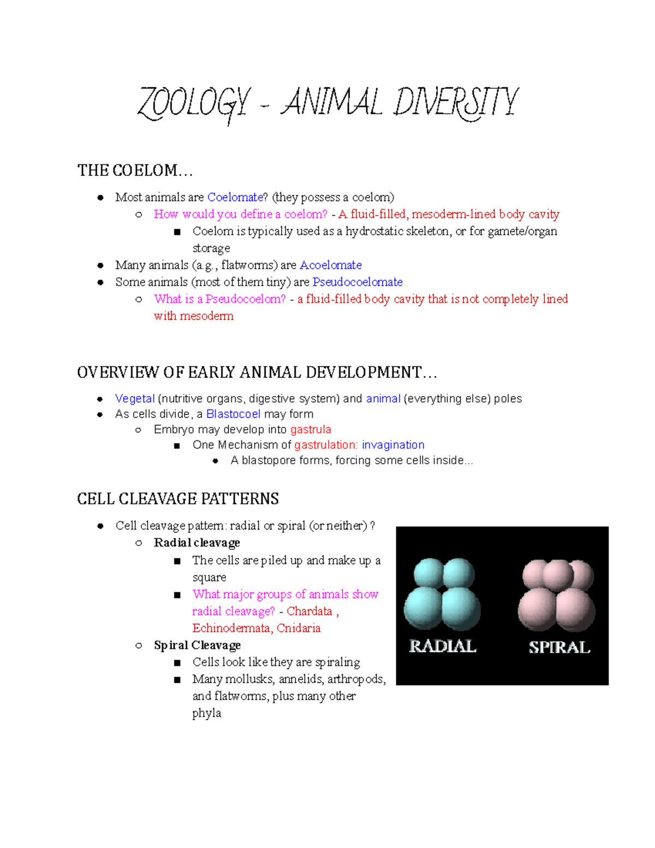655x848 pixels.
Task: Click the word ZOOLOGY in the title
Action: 194,104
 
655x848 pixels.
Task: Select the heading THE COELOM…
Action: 135,171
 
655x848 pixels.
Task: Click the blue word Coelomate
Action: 235,197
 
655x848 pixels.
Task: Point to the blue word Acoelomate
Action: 331,265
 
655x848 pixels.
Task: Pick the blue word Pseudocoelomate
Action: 358,282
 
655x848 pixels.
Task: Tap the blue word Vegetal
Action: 135,399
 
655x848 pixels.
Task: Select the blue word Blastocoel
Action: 233,414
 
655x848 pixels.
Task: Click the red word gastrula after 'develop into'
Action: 311,430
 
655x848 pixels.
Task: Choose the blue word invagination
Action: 393,445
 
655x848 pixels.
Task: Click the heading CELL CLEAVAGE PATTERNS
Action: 178,499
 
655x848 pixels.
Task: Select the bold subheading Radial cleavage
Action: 197,543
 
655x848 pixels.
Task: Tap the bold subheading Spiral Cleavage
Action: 197,645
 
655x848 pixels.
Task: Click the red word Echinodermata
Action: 231,628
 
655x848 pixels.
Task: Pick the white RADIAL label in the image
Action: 443,647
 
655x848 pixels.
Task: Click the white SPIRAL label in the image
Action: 559,648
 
